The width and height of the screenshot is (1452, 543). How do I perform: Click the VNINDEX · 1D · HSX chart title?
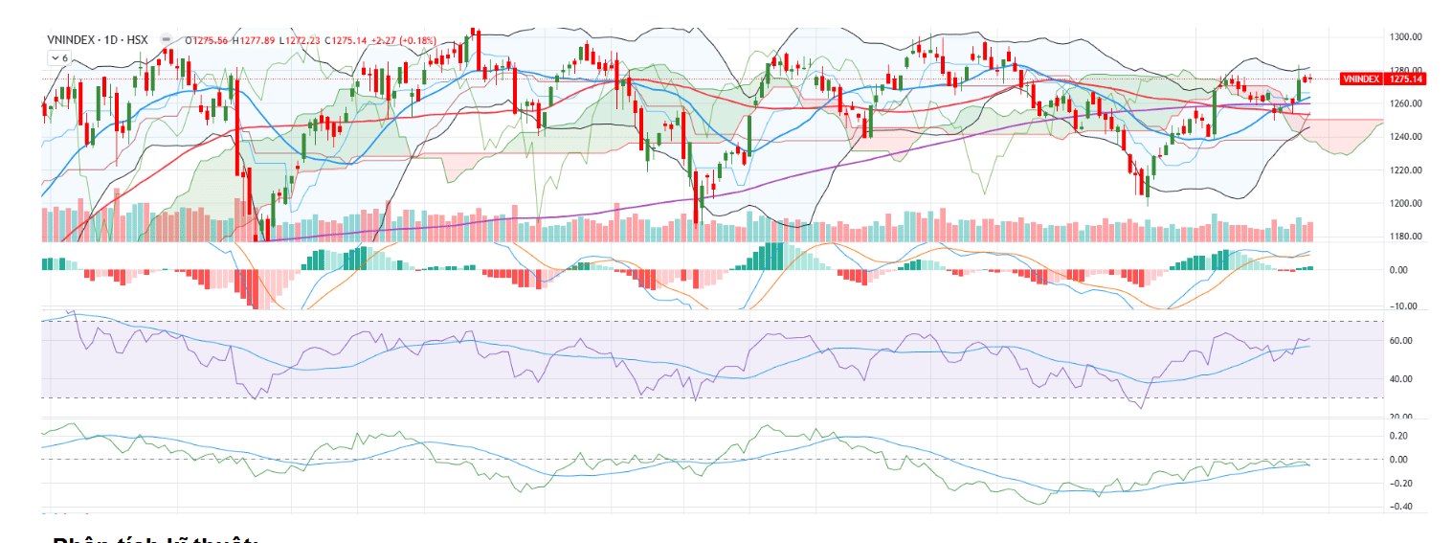(98, 40)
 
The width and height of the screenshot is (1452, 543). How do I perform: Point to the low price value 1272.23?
(301, 40)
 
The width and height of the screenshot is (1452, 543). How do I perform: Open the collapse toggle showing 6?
(59, 58)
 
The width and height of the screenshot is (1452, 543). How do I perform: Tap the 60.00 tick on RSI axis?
(1401, 341)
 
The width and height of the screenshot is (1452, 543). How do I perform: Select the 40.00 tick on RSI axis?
(1401, 379)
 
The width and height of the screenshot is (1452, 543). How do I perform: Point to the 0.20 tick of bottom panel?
(1399, 436)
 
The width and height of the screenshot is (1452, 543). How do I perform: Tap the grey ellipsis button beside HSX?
(167, 40)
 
